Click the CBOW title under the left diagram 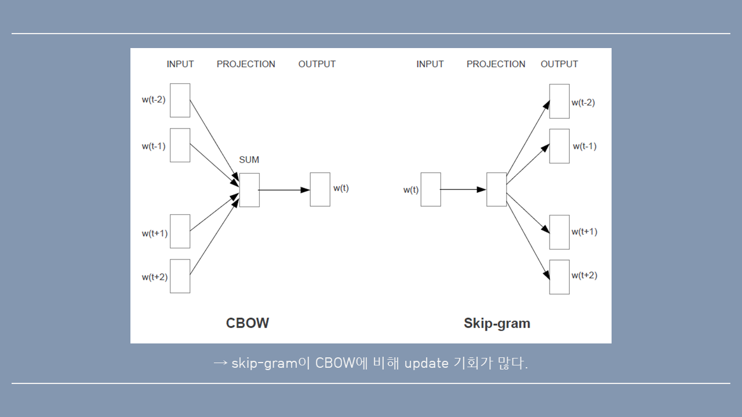point(248,323)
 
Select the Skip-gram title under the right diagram point(497,323)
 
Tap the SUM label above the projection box point(249,160)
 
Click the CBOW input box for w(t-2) point(180,100)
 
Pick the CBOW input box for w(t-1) point(180,145)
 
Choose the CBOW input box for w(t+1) point(180,231)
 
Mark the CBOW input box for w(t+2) point(180,276)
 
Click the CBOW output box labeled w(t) point(320,189)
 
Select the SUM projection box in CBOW point(249,189)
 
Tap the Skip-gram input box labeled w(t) point(431,189)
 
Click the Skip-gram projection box point(497,189)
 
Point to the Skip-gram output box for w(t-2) point(559,101)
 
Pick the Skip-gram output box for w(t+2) point(559,277)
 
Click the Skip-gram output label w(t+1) point(584,232)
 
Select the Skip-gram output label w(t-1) point(584,147)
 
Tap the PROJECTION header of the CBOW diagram point(246,64)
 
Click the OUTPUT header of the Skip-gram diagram point(559,64)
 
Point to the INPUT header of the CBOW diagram point(180,64)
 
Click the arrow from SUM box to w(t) point(284,189)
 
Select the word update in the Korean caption point(426,364)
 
